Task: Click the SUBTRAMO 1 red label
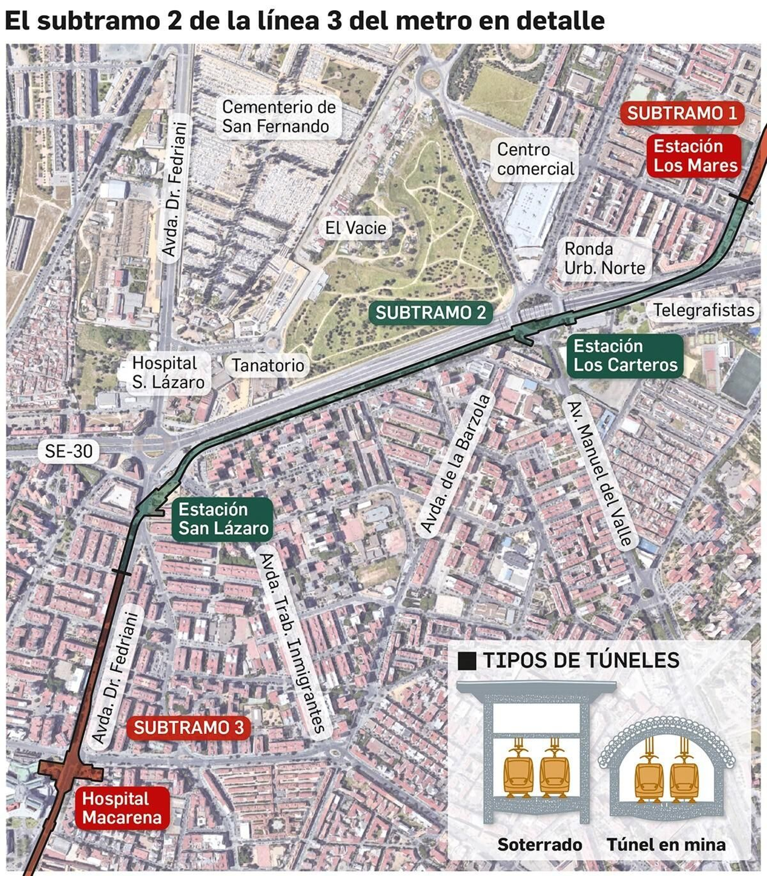[682, 113]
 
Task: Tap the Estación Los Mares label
[695, 156]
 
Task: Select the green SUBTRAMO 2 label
[430, 313]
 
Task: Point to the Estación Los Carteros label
[626, 355]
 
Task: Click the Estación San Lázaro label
[223, 519]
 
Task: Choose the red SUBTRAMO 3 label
[189, 727]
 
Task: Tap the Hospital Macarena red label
[122, 808]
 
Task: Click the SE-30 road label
[69, 451]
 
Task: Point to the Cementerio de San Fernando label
[279, 117]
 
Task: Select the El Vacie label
[355, 228]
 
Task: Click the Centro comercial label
[535, 159]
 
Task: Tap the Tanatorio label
[268, 365]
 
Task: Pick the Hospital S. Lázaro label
[168, 373]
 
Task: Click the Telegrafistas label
[704, 310]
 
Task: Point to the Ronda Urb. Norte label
[604, 258]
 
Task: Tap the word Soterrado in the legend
[539, 844]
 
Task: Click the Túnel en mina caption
[666, 844]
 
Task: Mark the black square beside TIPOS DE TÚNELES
[467, 661]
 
